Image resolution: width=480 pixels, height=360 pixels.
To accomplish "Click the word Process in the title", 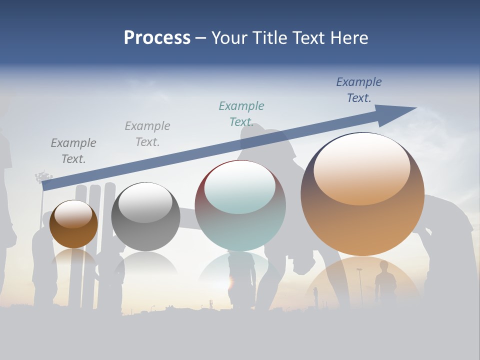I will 157,38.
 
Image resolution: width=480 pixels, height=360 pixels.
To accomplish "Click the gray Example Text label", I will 147,134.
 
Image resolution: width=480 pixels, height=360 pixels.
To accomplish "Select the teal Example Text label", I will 241,114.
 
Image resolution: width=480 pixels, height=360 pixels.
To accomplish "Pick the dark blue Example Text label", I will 359,90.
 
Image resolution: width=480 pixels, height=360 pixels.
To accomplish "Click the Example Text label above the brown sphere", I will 73,151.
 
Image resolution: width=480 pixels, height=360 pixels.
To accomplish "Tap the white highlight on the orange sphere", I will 362,167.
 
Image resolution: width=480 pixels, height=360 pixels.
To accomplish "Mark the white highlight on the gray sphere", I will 145,202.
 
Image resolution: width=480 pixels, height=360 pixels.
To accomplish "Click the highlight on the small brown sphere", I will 73,214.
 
